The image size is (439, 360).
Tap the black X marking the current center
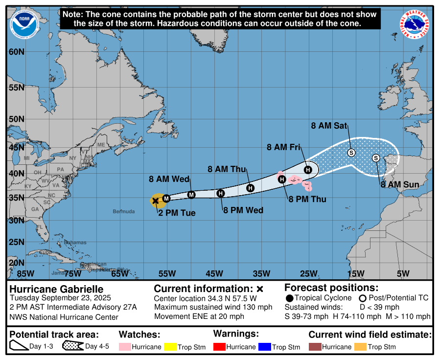click(156, 200)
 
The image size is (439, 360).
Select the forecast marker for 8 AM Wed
click(191, 195)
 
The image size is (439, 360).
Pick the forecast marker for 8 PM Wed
click(221, 193)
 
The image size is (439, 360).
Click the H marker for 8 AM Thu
click(251, 188)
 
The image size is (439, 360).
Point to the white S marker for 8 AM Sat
click(351, 153)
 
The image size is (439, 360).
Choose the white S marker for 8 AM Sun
click(376, 158)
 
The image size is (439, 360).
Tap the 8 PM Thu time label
click(307, 199)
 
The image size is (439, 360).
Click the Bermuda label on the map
click(123, 211)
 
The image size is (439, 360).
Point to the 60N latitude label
click(17, 52)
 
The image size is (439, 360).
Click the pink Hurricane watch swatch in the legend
click(126, 347)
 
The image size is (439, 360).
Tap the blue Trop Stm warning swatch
click(265, 347)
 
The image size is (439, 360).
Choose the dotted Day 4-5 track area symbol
click(73, 346)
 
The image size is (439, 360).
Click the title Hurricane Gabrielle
click(57, 289)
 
